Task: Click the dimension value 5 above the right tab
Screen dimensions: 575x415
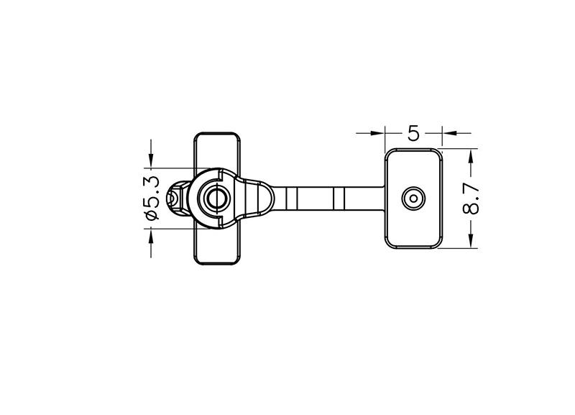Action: tap(413, 133)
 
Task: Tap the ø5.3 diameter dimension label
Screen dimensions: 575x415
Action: tap(152, 198)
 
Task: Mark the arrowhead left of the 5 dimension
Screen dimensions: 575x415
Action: tap(377, 133)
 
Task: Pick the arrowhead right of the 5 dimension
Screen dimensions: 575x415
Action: tap(448, 133)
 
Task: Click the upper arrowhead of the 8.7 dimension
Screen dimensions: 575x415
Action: tap(471, 155)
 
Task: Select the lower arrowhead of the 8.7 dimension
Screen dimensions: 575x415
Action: tap(471, 241)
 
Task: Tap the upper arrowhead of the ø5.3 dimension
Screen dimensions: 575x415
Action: tap(151, 161)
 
